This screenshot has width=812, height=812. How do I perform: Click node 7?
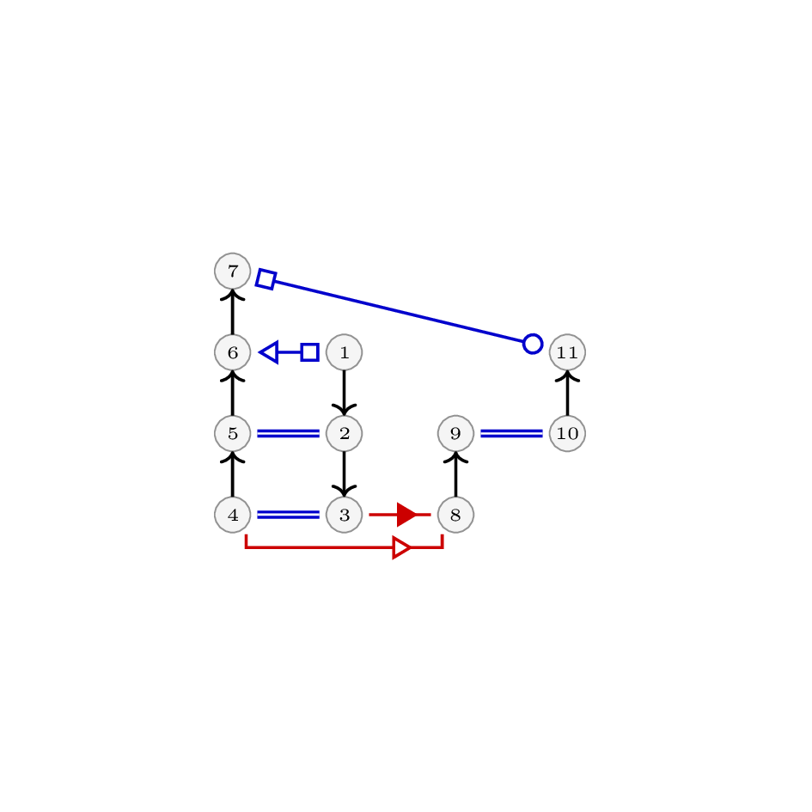pos(233,271)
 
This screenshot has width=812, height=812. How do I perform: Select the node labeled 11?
pos(567,352)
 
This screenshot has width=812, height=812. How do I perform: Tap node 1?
pos(344,352)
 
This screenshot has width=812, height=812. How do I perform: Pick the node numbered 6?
pos(233,352)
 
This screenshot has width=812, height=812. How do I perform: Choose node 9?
pos(455,433)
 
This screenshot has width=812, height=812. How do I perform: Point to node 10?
pos(567,433)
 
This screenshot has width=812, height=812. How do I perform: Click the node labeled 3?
pos(344,515)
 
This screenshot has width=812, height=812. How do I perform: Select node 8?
pos(455,515)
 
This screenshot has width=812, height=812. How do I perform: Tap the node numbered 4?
pos(233,515)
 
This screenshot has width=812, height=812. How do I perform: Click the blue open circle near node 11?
pos(533,344)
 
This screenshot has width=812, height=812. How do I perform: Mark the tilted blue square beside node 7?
pos(266,279)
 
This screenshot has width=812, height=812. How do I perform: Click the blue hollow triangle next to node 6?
pos(269,352)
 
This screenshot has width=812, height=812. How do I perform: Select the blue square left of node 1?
pos(309,352)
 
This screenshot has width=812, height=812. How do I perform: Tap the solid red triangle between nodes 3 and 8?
pos(406,515)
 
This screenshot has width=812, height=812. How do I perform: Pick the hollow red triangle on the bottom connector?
pos(402,548)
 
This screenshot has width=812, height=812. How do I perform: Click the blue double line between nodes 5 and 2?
pos(288,433)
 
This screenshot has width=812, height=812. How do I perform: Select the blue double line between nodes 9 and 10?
pos(511,433)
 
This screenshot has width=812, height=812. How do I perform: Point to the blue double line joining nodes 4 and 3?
pos(288,515)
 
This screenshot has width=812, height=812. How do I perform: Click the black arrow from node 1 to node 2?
pos(344,393)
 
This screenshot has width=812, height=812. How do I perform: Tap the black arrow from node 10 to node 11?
pos(567,393)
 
